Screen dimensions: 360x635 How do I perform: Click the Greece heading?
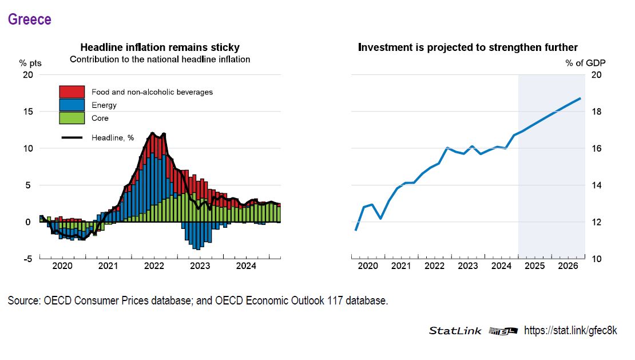pos(29,19)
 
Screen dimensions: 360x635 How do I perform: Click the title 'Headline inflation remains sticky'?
pos(160,47)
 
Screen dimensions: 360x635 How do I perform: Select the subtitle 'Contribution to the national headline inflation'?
pos(160,59)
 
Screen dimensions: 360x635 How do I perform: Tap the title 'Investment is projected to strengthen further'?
pos(467,47)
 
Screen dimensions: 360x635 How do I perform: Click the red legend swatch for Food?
pos(72,92)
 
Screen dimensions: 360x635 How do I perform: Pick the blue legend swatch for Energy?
pos(72,105)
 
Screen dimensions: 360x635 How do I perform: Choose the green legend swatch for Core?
pos(72,118)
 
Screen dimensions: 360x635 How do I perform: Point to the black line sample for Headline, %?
pos(72,137)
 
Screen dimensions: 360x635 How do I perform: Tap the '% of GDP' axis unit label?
pos(585,63)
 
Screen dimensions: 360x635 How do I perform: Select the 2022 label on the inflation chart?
pos(154,266)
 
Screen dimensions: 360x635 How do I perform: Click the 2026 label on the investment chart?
pos(567,266)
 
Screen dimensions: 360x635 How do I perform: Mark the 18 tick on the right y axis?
pos(596,112)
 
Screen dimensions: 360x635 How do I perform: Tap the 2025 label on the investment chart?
pos(534,266)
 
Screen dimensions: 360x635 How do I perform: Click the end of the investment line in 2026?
pos(580,98)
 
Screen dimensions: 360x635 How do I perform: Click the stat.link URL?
pos(570,331)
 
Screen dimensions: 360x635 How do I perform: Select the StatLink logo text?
pos(455,331)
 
